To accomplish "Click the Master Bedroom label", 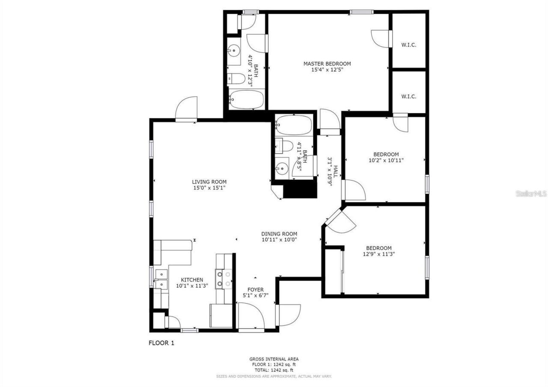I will (x=327, y=64).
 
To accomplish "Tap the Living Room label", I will (x=209, y=182).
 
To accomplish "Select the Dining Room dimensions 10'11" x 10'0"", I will (x=279, y=240).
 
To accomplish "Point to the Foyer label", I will (x=256, y=290).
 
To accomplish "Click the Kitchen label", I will (x=192, y=280).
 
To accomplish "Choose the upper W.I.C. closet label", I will (x=408, y=45).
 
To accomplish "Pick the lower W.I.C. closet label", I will (x=408, y=96).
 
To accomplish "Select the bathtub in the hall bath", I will (x=294, y=125).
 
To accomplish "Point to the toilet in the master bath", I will (x=235, y=78).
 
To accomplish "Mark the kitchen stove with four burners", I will (x=223, y=279).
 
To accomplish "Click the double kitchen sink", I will (x=161, y=279).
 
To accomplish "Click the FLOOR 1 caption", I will (x=161, y=343).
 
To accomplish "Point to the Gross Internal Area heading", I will (x=274, y=359).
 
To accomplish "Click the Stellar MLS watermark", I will (x=531, y=194).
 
